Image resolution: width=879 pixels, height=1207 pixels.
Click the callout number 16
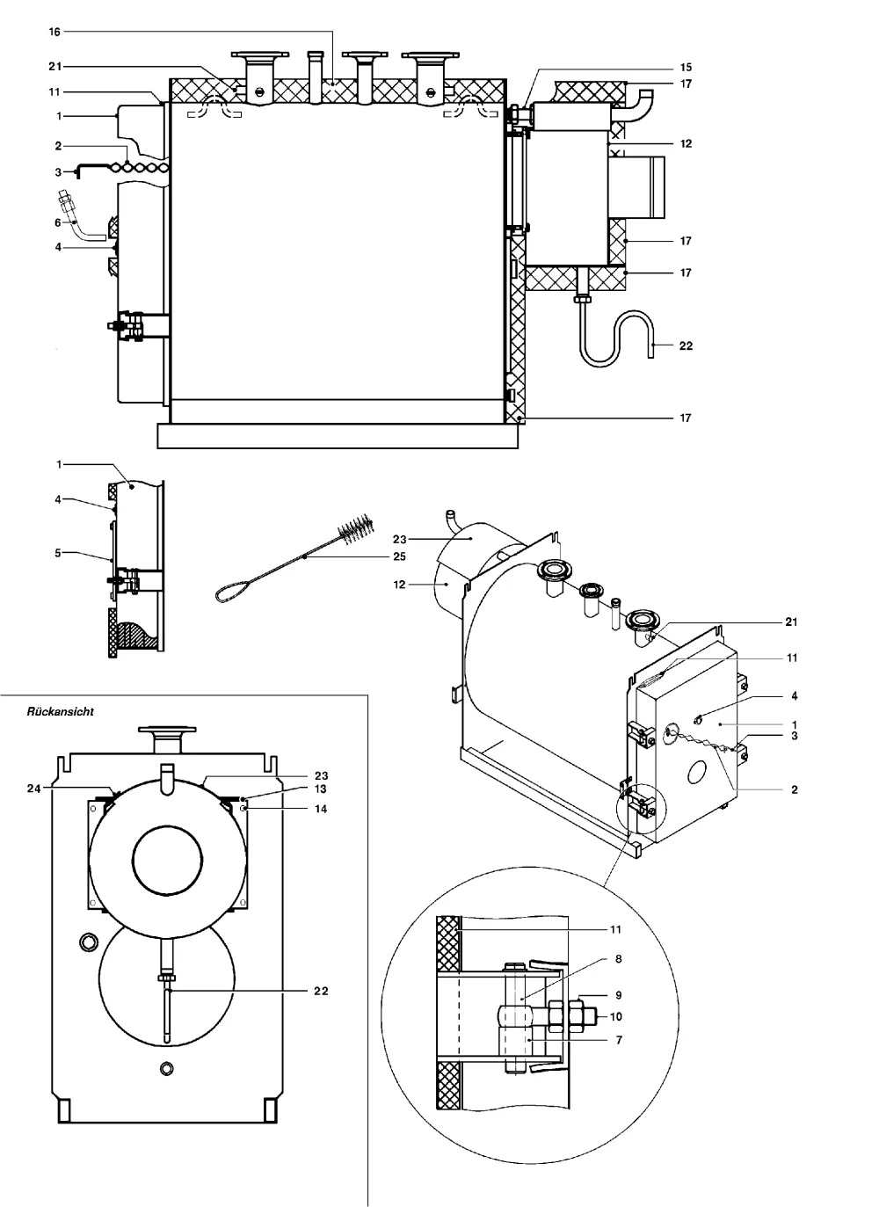54,32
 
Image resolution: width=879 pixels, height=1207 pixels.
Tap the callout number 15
686,68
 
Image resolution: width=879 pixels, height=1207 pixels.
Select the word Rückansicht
61,712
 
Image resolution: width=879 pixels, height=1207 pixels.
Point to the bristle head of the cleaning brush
356,528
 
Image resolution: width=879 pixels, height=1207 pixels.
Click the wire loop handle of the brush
233,590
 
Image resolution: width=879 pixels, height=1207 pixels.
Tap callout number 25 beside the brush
399,556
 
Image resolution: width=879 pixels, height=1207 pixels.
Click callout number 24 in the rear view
34,789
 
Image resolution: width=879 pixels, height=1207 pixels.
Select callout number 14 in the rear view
321,809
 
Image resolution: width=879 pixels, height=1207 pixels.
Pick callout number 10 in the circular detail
616,1017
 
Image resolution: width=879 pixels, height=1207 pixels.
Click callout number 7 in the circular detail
619,1040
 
